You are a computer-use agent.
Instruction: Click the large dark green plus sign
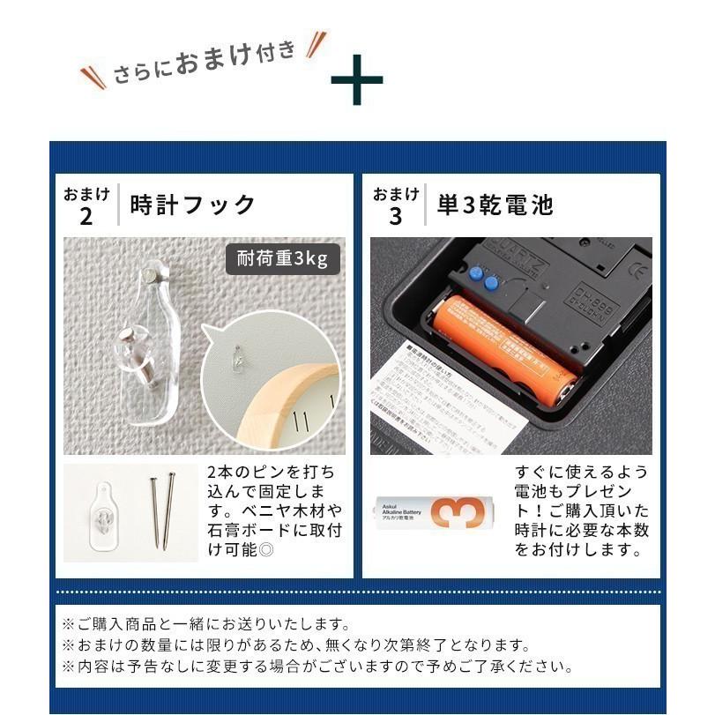[356, 80]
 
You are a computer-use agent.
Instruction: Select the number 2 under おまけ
[86, 217]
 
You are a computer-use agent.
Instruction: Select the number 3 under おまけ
[395, 217]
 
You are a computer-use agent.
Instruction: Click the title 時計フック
[193, 205]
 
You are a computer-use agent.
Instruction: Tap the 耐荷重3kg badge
[282, 259]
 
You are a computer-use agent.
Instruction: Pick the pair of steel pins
[160, 512]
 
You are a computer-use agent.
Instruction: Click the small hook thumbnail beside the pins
[105, 512]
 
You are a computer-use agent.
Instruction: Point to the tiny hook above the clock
[238, 360]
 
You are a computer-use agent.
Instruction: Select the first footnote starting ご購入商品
[206, 624]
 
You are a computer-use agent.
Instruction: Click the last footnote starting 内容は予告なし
[317, 667]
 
